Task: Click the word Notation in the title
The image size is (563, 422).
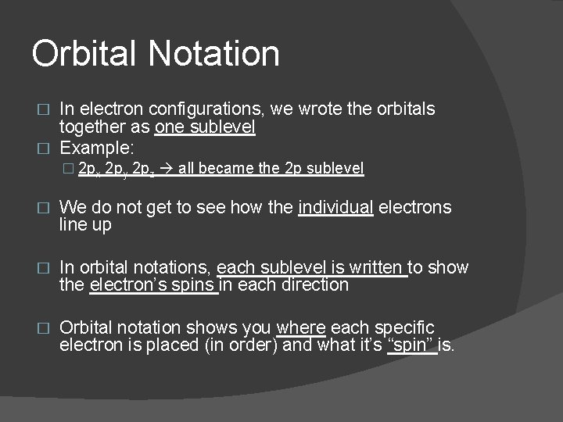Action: [x=213, y=54]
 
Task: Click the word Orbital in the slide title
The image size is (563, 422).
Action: [x=85, y=54]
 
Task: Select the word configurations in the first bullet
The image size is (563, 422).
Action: [x=206, y=109]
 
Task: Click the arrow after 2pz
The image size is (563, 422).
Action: [x=166, y=168]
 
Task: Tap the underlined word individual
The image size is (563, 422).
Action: [x=335, y=207]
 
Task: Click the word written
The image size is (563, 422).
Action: [x=378, y=267]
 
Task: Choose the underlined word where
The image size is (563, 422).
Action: [x=300, y=327]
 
